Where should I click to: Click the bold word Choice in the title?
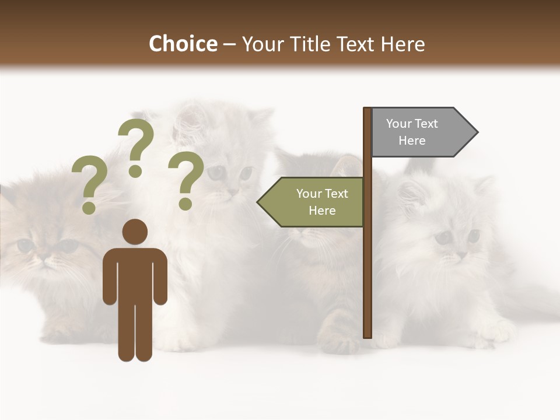[183, 44]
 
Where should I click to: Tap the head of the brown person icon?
[135, 232]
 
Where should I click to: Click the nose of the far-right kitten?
[461, 254]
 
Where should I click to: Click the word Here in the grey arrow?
[412, 141]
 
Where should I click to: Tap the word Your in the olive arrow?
[309, 194]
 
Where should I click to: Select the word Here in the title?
[402, 44]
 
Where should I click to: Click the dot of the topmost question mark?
[135, 171]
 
